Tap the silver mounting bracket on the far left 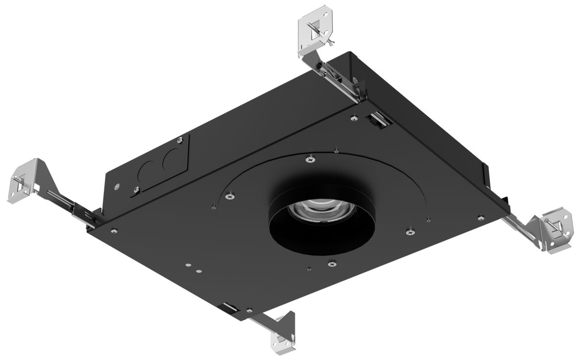click(24, 181)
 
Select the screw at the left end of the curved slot click(229, 196)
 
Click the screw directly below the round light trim click(333, 264)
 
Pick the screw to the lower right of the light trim click(410, 230)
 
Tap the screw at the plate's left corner click(114, 231)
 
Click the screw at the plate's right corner click(481, 217)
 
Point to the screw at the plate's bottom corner click(250, 310)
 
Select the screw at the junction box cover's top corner click(181, 141)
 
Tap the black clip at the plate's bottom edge click(229, 309)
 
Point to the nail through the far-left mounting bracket click(20, 186)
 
